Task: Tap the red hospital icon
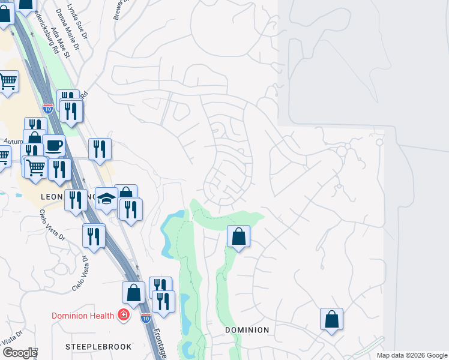[124, 315]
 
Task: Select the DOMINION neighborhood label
[247, 330]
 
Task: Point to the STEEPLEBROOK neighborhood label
[90, 347]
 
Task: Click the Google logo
[20, 353]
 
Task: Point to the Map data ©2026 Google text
[411, 355]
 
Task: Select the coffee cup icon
[53, 145]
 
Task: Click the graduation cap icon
[106, 199]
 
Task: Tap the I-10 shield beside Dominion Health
[145, 317]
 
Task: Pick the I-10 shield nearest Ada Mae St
[48, 109]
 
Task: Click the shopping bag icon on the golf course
[239, 236]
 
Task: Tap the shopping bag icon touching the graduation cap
[125, 193]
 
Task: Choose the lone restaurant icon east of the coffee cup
[100, 149]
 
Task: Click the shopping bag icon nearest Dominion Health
[134, 293]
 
